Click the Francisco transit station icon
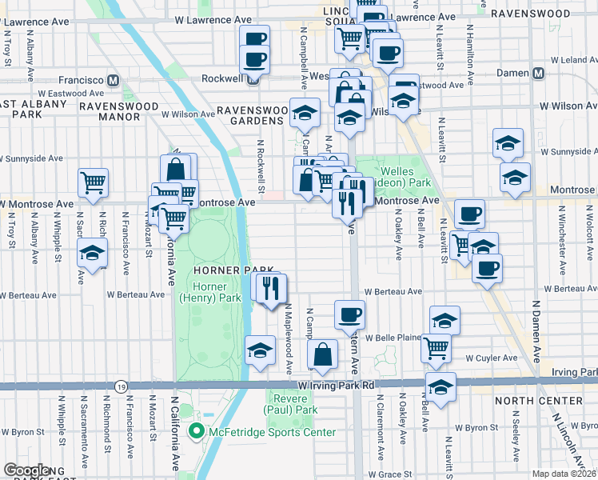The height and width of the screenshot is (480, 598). [114, 80]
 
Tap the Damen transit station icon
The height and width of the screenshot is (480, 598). [538, 73]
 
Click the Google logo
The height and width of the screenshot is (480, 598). [26, 470]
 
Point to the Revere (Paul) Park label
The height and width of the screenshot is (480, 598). [291, 404]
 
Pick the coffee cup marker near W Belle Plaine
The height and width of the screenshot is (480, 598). [349, 314]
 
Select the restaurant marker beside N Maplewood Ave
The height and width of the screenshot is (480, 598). [273, 286]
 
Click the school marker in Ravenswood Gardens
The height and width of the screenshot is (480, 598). [304, 114]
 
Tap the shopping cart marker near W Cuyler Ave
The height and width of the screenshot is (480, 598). [436, 346]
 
